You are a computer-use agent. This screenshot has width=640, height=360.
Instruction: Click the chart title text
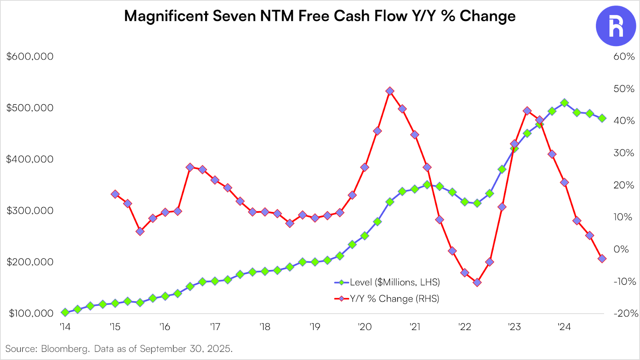click(x=320, y=16)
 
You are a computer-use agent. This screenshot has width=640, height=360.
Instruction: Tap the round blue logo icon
click(x=616, y=26)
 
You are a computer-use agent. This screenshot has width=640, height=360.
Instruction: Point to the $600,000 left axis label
click(x=30, y=56)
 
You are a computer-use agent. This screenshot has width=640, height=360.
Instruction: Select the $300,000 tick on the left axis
click(x=30, y=210)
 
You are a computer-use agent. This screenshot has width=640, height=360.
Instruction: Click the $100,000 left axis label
click(x=31, y=313)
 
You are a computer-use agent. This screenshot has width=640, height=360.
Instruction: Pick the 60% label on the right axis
click(x=624, y=56)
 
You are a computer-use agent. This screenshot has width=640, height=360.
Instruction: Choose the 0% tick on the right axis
click(x=621, y=249)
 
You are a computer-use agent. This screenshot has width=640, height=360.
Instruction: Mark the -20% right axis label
click(x=626, y=313)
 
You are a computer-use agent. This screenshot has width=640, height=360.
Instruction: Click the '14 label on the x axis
click(x=65, y=327)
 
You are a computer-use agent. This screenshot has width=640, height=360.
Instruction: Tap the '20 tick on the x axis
click(x=364, y=327)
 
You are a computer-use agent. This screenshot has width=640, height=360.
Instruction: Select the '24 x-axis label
click(x=564, y=327)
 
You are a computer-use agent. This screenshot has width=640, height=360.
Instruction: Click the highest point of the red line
click(x=390, y=91)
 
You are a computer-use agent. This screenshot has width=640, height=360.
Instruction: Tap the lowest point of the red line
click(x=477, y=282)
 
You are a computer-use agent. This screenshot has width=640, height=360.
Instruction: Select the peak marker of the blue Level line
click(x=564, y=103)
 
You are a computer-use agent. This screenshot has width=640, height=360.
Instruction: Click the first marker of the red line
click(x=115, y=194)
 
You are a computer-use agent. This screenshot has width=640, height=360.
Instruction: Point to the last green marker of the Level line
click(x=602, y=118)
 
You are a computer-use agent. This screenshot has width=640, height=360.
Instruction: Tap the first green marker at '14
click(x=65, y=312)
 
